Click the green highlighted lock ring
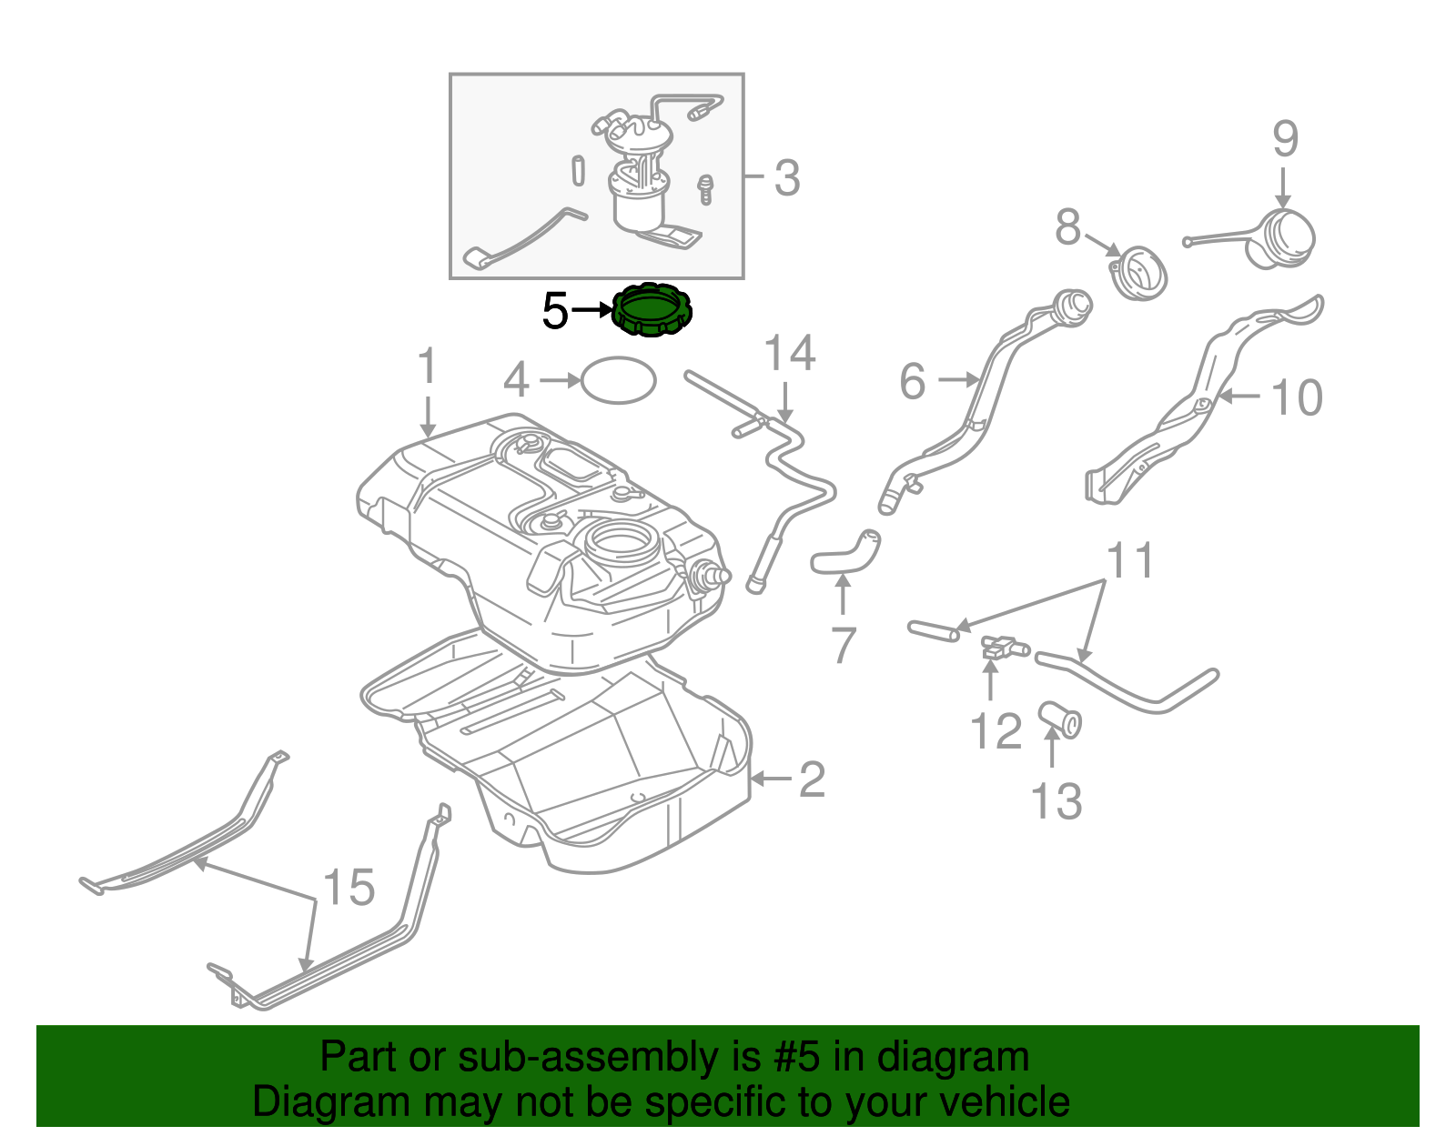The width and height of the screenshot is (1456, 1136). coord(652,310)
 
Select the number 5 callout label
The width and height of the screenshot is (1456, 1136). coord(555,311)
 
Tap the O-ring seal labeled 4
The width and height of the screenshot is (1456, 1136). coord(618,380)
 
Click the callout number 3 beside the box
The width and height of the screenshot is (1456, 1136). coord(787,178)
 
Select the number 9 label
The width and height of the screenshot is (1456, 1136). coord(1285,139)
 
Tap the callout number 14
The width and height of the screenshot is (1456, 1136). coord(789,353)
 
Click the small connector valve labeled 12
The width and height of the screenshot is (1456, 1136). coord(1001,648)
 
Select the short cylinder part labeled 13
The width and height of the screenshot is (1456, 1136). coord(1061,719)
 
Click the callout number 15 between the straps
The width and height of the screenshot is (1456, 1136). coord(349,887)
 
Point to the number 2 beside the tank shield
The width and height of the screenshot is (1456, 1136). coord(812,779)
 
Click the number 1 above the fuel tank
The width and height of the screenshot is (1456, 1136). coord(427,367)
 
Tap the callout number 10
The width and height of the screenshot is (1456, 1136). coord(1296,397)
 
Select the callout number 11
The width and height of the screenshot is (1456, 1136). coord(1130,561)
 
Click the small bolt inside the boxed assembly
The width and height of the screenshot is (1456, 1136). coord(704,189)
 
